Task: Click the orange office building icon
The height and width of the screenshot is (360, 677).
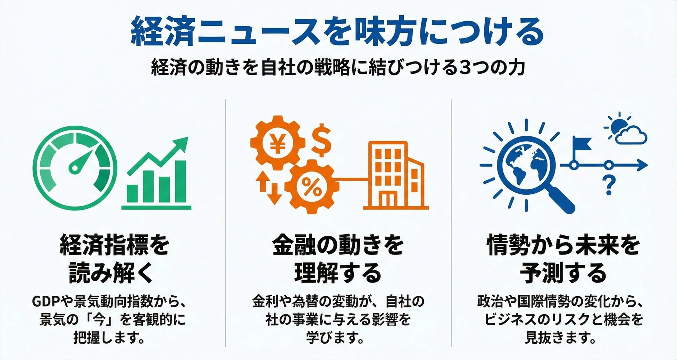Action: pyautogui.click(x=396, y=175)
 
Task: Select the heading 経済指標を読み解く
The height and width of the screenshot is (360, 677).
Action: pyautogui.click(x=114, y=259)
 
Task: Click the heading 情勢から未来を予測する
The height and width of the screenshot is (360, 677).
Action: pyautogui.click(x=563, y=259)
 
